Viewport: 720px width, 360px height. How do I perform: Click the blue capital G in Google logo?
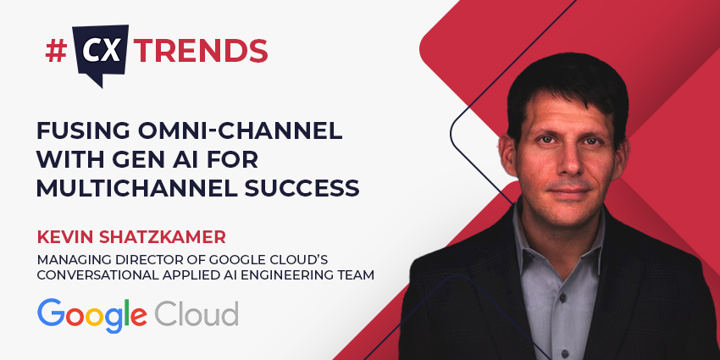tap(53, 313)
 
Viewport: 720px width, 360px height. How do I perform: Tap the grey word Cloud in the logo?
tap(197, 313)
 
